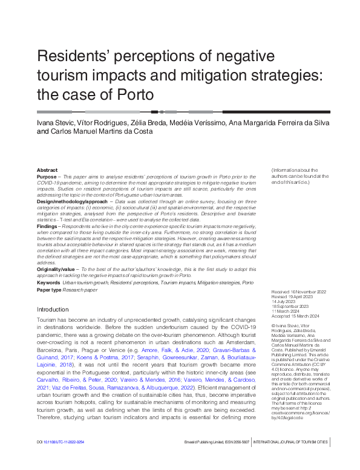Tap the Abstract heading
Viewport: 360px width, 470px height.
coord(47,170)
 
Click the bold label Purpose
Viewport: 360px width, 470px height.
coord(47,176)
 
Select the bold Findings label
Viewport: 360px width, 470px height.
coord(47,225)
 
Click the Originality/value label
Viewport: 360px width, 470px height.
coord(56,269)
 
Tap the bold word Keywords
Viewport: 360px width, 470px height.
coord(48,282)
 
